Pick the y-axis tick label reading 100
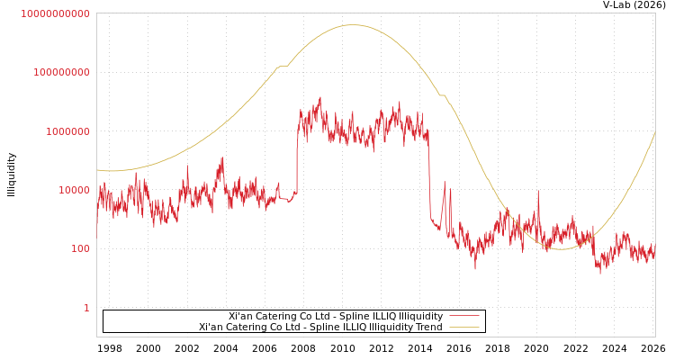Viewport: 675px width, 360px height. coord(80,248)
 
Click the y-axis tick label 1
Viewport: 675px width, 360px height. coord(86,308)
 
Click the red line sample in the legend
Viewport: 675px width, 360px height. coord(463,317)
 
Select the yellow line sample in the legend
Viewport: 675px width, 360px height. coord(463,328)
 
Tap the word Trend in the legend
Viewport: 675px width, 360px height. coord(428,328)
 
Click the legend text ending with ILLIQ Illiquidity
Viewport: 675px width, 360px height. coord(335,317)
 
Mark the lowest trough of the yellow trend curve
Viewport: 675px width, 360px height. coord(560,248)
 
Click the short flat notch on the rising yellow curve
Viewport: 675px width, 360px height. coord(282,66)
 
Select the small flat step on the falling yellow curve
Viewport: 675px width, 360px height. coord(442,94)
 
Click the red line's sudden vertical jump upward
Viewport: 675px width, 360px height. coord(297,157)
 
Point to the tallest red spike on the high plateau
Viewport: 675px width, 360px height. coord(319,98)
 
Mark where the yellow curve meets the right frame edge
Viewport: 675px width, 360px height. coord(654,132)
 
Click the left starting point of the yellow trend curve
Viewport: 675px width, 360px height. coord(97,169)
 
